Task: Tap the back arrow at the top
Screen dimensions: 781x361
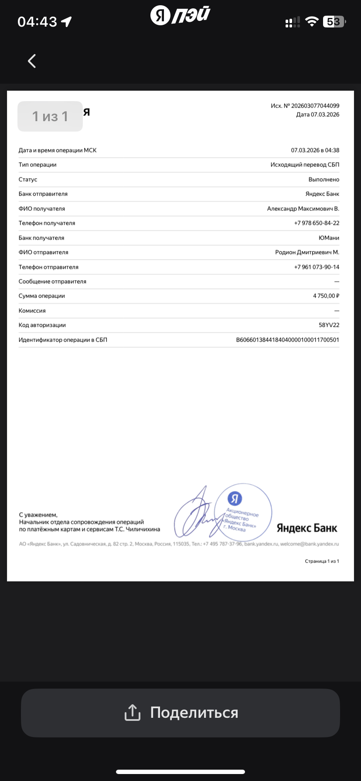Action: coord(32,61)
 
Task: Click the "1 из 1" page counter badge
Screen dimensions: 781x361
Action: coord(50,116)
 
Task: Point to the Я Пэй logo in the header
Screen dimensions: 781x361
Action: coord(180,16)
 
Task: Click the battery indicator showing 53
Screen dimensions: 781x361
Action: coord(334,22)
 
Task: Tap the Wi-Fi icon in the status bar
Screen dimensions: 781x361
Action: coord(312,22)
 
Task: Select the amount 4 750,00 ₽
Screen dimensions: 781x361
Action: coord(326,296)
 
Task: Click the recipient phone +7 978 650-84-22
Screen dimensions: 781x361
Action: coord(317,223)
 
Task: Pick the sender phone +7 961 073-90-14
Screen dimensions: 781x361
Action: coord(317,267)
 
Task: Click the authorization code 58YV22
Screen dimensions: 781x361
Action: coord(329,325)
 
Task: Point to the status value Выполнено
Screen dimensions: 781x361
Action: coord(324,180)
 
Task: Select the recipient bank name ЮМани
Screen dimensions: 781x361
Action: coord(329,238)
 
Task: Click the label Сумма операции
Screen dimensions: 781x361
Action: coord(42,296)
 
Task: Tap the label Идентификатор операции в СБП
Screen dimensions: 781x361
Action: coord(63,340)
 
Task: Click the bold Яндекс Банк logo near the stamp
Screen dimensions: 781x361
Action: coord(307,528)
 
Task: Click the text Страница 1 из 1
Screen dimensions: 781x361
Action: coord(322,561)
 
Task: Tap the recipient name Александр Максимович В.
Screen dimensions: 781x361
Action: coord(303,209)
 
